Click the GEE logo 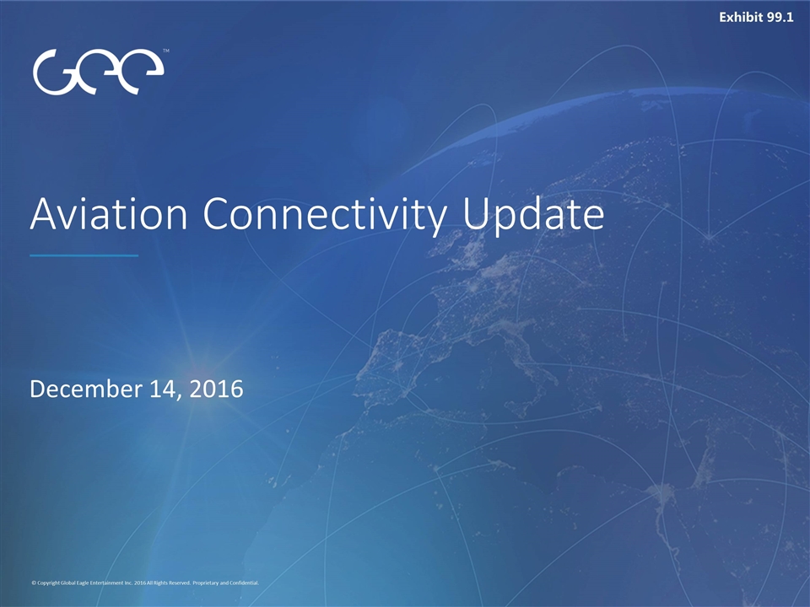[98, 72]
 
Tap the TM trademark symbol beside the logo [166, 51]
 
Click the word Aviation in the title [109, 213]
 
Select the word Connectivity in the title [325, 216]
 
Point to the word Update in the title [533, 216]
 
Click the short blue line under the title [84, 255]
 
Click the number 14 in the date [165, 389]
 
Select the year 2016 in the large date [217, 389]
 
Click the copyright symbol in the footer [34, 583]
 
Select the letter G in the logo [55, 73]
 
